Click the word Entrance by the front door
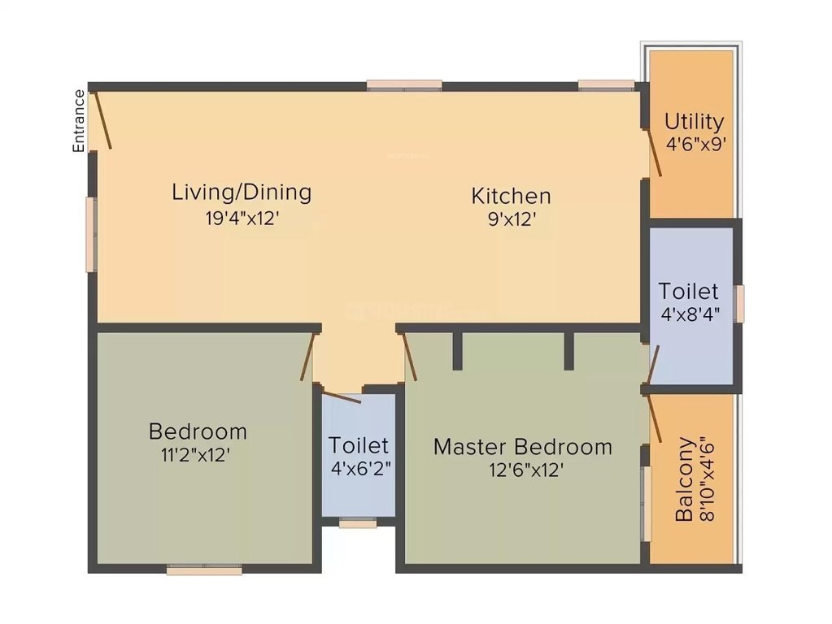point(79,121)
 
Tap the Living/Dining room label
point(242,193)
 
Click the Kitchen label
point(511,196)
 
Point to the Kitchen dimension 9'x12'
point(511,219)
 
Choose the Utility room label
point(694,122)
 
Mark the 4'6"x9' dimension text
point(695,145)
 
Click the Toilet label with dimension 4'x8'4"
point(689,291)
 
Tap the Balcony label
point(686,479)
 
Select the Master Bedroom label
point(522,446)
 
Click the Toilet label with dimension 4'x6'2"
point(359,445)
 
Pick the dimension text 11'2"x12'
point(198,454)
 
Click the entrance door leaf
point(102,120)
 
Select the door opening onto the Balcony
point(655,422)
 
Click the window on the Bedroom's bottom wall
point(204,570)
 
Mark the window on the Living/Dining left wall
point(91,235)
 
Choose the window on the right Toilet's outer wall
point(739,304)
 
